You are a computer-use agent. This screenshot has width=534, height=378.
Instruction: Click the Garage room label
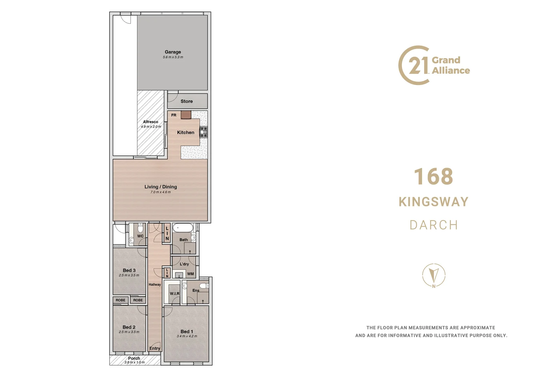[173, 52]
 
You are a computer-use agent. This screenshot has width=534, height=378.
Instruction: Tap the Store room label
[187, 101]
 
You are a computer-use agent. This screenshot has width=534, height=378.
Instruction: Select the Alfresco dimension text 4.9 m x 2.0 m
[151, 127]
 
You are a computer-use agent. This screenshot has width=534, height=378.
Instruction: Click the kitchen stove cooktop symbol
[203, 132]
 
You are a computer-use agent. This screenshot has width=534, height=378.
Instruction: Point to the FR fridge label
[174, 115]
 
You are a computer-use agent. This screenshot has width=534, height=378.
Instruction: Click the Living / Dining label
[160, 187]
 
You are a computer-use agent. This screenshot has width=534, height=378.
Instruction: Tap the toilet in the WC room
[140, 229]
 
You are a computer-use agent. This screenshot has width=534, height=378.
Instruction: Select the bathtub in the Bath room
[182, 228]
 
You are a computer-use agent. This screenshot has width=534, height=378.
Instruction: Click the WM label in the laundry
[190, 274]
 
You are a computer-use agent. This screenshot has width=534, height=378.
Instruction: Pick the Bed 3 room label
[129, 270]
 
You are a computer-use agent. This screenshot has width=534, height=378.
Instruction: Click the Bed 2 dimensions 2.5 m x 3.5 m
[129, 332]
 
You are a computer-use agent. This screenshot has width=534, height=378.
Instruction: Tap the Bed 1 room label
[187, 331]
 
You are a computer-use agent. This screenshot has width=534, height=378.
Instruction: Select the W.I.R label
[175, 294]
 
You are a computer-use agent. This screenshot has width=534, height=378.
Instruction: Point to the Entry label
[155, 348]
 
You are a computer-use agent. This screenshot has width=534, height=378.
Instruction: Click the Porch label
[134, 358]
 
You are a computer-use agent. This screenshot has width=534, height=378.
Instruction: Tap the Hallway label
[155, 285]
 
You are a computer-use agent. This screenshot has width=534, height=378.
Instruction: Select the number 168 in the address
[433, 177]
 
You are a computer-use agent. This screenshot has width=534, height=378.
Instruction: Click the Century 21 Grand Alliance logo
[434, 65]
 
